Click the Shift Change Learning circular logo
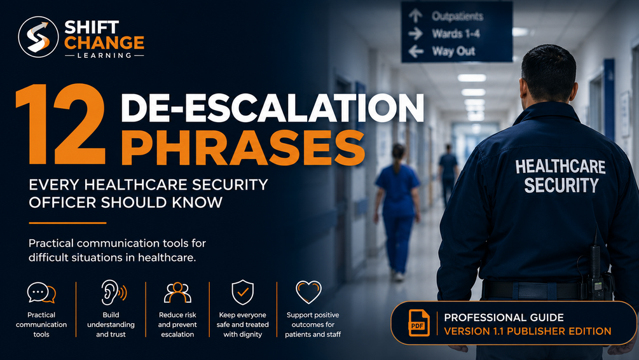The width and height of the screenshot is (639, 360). pos(38,37)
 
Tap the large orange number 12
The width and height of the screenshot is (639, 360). pos(60,124)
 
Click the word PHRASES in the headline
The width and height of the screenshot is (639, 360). pos(243,148)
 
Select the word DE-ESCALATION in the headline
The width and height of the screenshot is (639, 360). pos(272,107)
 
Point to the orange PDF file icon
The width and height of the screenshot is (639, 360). pos(418,323)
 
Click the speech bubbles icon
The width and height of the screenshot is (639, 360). pos(41,293)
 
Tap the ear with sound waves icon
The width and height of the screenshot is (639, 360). pos(113,292)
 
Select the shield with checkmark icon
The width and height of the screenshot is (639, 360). pos(242,292)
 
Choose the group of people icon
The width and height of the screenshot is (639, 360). pos(177,293)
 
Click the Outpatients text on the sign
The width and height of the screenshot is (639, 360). pos(457,17)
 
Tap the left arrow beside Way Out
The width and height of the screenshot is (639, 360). pos(416,52)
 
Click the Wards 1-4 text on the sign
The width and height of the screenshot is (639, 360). pos(456,34)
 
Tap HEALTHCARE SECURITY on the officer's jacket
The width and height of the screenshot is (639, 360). pos(560,176)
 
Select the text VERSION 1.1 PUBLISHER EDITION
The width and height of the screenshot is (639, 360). pos(527,331)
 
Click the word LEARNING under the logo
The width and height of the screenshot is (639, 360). pos(104,55)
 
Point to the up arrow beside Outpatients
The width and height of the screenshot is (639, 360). pos(416,15)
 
